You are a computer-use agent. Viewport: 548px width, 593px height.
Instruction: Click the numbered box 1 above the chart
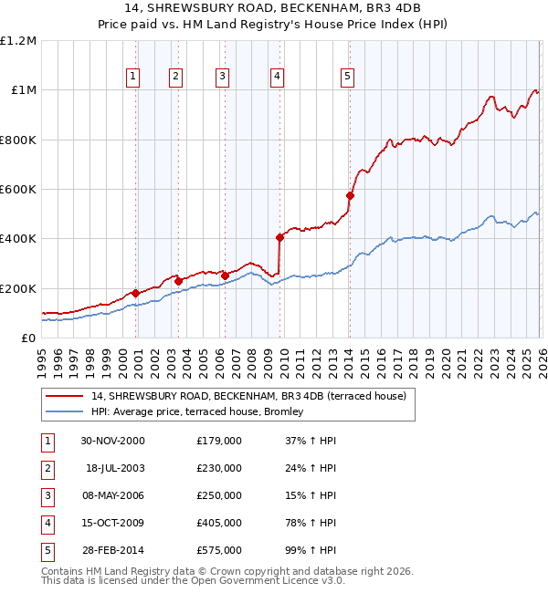(x=133, y=78)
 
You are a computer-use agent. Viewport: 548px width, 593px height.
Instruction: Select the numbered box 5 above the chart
(x=347, y=78)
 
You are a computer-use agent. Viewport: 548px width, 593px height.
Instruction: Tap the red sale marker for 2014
(x=350, y=195)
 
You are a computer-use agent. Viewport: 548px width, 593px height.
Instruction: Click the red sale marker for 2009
(x=280, y=237)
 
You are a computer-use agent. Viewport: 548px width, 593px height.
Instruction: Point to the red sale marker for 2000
(x=136, y=293)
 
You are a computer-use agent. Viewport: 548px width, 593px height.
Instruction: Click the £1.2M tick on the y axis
(x=18, y=41)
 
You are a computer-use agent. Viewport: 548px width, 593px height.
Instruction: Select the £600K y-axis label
(x=18, y=190)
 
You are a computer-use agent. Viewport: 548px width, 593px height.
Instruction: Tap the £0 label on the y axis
(x=28, y=338)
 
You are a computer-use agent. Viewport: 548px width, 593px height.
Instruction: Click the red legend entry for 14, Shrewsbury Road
(x=241, y=396)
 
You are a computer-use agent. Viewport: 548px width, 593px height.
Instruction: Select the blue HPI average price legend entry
(x=203, y=412)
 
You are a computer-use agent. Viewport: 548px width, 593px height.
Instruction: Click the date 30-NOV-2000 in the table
(x=112, y=441)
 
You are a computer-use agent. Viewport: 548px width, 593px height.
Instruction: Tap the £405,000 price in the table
(x=219, y=523)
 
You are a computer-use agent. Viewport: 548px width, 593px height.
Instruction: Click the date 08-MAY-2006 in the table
(x=112, y=495)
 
